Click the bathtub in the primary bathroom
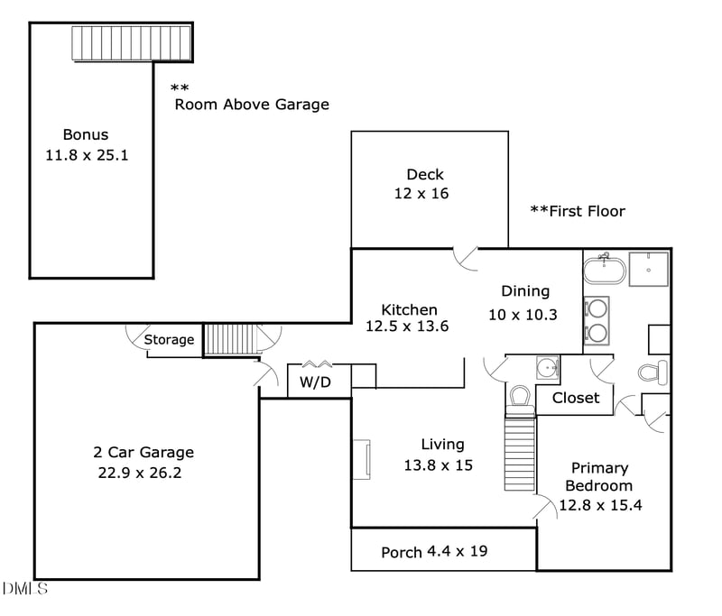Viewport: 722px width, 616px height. click(x=603, y=269)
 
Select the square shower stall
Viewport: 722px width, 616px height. click(x=648, y=268)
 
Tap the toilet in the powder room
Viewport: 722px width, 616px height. click(x=520, y=397)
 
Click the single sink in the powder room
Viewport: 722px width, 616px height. click(x=547, y=367)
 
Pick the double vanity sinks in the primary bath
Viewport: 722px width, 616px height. click(x=596, y=320)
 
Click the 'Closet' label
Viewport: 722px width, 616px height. click(x=575, y=398)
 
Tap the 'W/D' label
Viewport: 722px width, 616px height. click(x=315, y=382)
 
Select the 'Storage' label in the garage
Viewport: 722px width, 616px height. click(x=170, y=340)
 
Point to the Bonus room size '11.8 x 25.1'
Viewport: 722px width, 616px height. click(x=87, y=154)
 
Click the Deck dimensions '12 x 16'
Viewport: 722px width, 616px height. click(x=421, y=193)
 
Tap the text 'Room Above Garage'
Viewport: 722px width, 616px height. click(x=251, y=105)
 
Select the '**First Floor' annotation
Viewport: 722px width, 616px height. click(x=577, y=211)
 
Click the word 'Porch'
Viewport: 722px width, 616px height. click(x=402, y=552)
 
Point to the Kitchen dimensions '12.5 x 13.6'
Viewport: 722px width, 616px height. click(x=408, y=326)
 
